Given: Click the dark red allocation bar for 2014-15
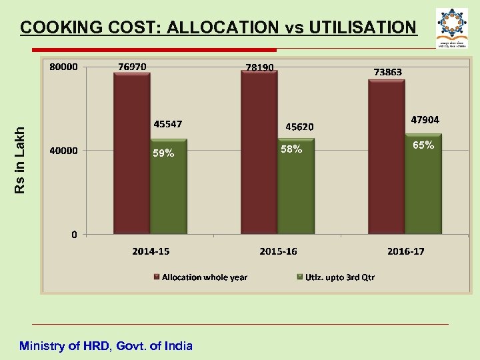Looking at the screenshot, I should point(131,153).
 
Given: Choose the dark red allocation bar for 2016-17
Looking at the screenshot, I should point(386,157).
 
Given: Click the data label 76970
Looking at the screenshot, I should point(133,67).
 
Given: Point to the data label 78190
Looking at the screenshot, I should point(260,67).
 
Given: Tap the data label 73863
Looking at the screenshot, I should point(387,72).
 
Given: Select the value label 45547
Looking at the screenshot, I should point(168,124).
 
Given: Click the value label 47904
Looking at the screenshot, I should point(425,120).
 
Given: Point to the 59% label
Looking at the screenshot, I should point(163,153).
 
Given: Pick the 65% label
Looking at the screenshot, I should point(423,145).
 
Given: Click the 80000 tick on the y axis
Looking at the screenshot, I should point(64,67).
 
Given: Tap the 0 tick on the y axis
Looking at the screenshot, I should point(74,234).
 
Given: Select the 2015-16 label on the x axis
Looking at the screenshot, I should point(278,251).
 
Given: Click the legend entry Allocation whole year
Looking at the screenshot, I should point(204,277).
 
